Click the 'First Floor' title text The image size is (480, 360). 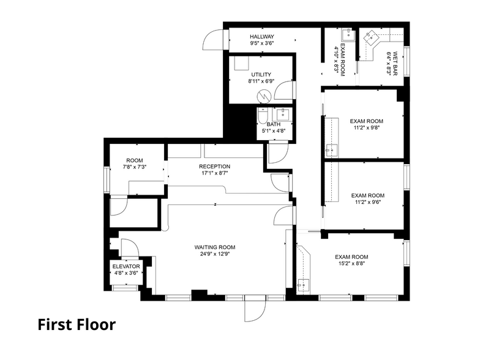(76, 324)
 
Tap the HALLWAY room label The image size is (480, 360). (261, 37)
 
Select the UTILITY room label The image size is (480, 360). (261, 75)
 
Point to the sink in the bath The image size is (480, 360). (283, 114)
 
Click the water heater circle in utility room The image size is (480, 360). (263, 96)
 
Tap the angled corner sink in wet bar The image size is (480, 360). (370, 38)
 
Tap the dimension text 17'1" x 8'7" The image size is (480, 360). (214, 174)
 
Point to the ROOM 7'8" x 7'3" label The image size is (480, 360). (134, 163)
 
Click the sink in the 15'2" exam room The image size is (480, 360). (304, 283)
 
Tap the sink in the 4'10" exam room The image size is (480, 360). (347, 33)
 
